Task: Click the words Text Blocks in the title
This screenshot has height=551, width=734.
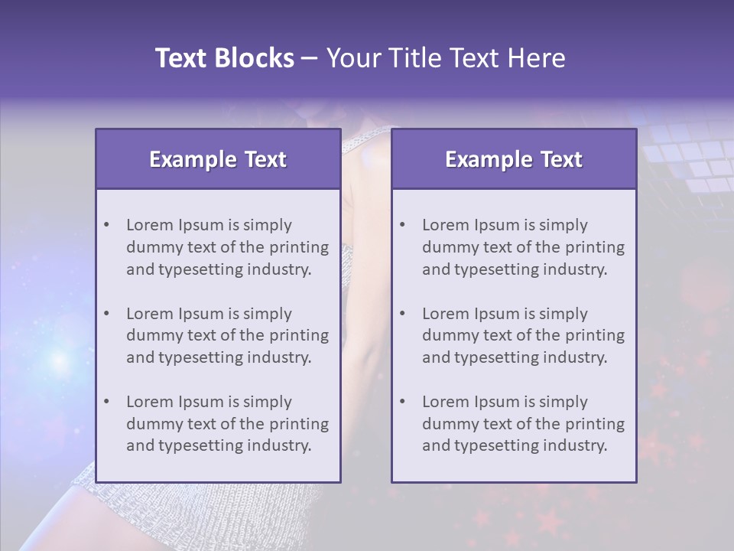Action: (224, 58)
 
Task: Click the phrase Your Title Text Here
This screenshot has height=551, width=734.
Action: (446, 58)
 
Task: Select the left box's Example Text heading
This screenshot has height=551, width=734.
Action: (218, 159)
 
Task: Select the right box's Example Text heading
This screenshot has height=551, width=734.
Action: (514, 159)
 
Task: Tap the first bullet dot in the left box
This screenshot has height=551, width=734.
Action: (107, 225)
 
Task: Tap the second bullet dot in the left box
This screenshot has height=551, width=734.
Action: (107, 314)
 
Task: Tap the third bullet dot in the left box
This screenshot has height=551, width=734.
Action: (107, 402)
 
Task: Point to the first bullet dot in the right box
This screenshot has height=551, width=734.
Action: (403, 225)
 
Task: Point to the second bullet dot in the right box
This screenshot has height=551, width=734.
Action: (403, 314)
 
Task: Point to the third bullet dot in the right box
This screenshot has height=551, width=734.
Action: (403, 402)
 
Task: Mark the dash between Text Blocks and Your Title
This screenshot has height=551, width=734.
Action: (310, 59)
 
